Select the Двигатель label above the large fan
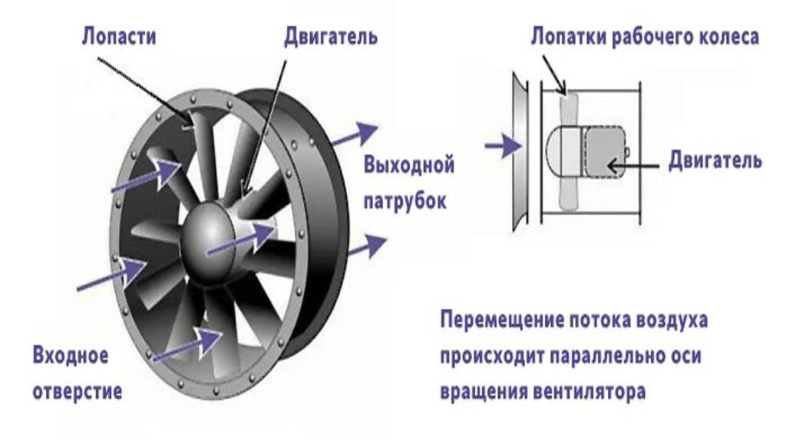click(x=330, y=37)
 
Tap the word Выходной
click(x=409, y=165)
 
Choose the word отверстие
click(x=77, y=391)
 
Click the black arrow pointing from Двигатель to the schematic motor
click(x=634, y=163)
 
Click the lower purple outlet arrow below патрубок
click(x=365, y=246)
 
